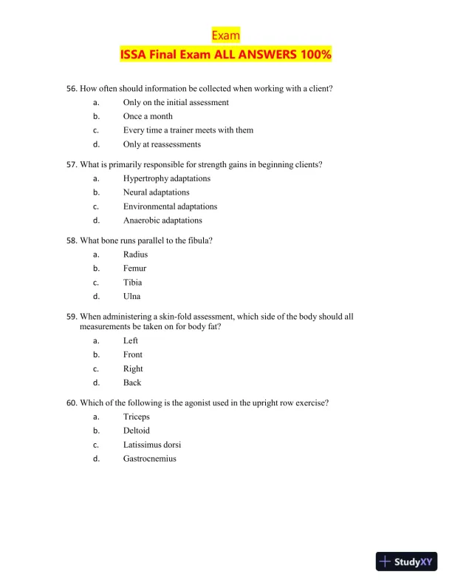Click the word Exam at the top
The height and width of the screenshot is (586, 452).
[x=225, y=36]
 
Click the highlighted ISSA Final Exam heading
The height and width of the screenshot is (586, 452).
[x=226, y=55]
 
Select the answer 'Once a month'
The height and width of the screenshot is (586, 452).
[x=148, y=116]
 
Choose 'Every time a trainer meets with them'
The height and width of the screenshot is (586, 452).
[x=188, y=130]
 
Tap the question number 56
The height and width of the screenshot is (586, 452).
[x=72, y=89]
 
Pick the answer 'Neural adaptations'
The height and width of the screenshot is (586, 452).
[x=156, y=192]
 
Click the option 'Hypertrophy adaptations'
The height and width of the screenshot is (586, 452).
[x=166, y=178]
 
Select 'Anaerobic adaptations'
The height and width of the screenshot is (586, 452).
[x=162, y=220]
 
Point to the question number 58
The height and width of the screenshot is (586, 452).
[x=72, y=240]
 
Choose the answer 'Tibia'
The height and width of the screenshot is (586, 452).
[x=133, y=283]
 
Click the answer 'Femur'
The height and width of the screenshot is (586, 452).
[x=134, y=269]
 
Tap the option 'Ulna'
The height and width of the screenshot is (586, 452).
[x=131, y=297]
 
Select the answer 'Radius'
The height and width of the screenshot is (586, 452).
[x=135, y=255]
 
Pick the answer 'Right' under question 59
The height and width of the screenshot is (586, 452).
[x=133, y=369]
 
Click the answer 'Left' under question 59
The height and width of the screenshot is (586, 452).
[x=131, y=341]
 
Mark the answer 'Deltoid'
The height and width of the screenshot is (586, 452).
[x=136, y=431]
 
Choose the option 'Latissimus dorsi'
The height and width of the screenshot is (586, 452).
[x=151, y=445]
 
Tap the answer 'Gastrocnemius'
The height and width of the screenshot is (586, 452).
[x=149, y=459]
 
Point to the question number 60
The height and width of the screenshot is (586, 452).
[x=72, y=403]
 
